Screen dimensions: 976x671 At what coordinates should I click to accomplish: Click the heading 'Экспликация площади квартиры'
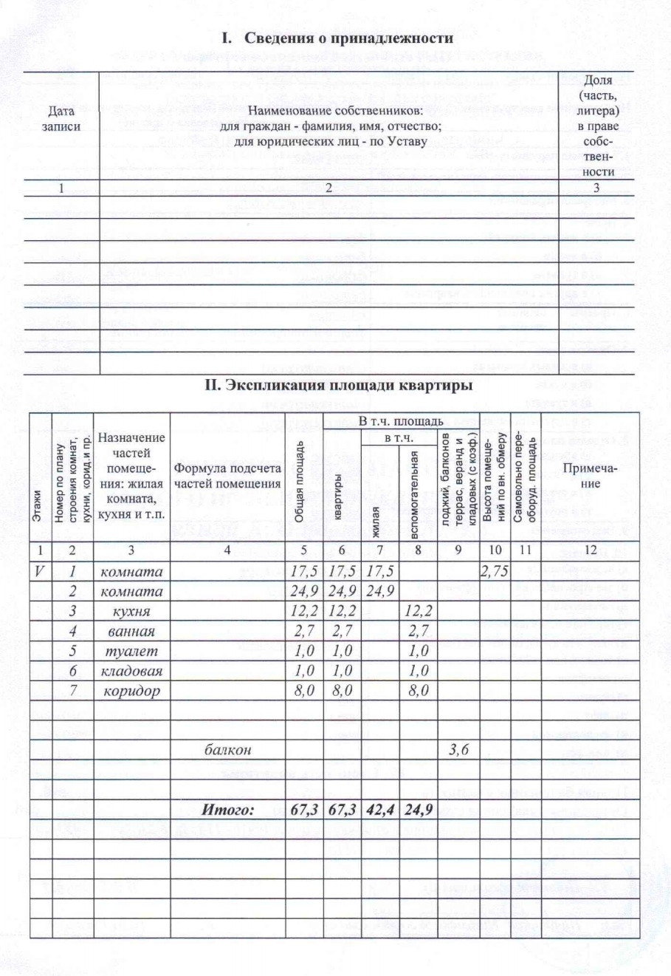338,385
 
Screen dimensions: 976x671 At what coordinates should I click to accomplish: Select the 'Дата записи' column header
61,119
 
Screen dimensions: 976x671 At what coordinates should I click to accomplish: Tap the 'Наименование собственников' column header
330,126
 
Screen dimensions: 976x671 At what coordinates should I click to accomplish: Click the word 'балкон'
227,749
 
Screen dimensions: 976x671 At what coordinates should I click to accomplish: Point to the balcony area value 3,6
459,749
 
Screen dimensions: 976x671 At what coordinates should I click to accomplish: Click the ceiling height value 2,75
495,571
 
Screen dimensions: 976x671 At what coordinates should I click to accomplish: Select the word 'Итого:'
228,810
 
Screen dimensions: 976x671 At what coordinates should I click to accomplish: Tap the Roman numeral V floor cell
40,571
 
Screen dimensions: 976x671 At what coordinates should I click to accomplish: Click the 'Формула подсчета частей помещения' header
227,477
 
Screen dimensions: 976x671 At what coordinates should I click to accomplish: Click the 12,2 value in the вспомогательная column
419,611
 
